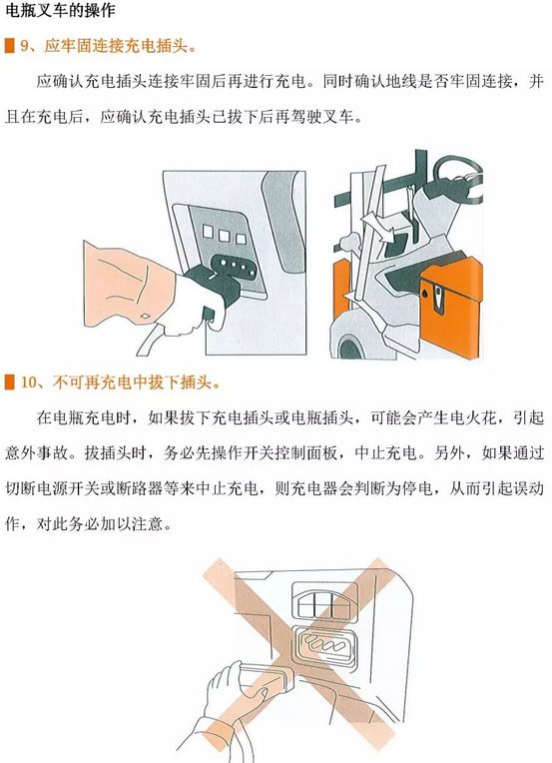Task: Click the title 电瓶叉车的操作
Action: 60,10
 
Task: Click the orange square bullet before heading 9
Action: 10,46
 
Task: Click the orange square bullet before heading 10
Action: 10,382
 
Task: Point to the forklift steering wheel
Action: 457,172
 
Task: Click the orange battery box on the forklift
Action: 452,308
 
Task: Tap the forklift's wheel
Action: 349,349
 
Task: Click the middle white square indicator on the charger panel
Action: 225,236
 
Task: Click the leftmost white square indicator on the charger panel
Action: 209,231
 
